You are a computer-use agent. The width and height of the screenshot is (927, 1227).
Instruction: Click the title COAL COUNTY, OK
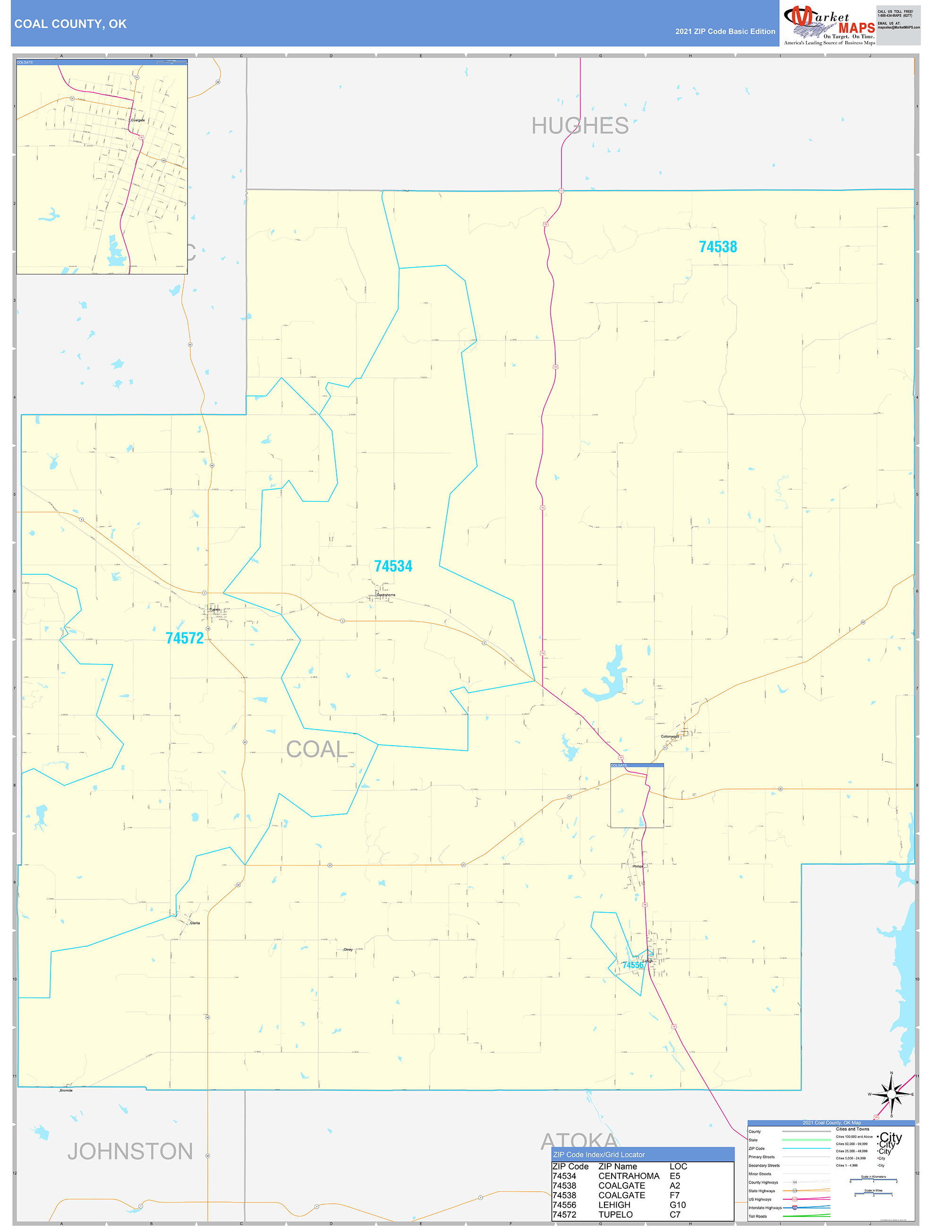pyautogui.click(x=70, y=24)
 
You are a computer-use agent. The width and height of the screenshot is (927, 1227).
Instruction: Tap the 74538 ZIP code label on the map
pyautogui.click(x=717, y=247)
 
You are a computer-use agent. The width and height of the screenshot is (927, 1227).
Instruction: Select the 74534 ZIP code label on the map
pyautogui.click(x=393, y=566)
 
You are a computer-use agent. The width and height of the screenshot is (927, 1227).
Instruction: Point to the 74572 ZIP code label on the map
pyautogui.click(x=184, y=638)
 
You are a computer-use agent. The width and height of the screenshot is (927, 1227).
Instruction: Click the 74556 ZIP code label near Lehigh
pyautogui.click(x=632, y=965)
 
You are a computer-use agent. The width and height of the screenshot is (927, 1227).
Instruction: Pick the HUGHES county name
pyautogui.click(x=580, y=126)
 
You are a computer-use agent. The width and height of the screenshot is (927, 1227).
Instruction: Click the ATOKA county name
pyautogui.click(x=579, y=1141)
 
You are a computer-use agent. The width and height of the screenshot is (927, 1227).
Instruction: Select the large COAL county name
pyautogui.click(x=317, y=749)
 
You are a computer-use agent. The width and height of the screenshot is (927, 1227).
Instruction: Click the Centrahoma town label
pyautogui.click(x=386, y=595)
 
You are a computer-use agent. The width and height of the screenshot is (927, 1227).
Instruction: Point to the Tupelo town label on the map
pyautogui.click(x=215, y=610)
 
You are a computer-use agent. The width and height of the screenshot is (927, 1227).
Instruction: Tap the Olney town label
pyautogui.click(x=348, y=950)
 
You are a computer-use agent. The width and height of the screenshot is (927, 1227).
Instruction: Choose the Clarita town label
pyautogui.click(x=195, y=923)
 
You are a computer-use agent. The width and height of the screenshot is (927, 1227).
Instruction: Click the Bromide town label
pyautogui.click(x=66, y=1091)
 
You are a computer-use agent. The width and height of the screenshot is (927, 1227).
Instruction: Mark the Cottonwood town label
pyautogui.click(x=670, y=737)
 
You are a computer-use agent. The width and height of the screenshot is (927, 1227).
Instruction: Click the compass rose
pyautogui.click(x=891, y=1094)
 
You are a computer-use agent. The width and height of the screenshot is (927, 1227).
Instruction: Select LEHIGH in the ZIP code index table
pyautogui.click(x=614, y=1205)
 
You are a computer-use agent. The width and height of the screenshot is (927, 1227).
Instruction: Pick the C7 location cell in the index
pyautogui.click(x=674, y=1214)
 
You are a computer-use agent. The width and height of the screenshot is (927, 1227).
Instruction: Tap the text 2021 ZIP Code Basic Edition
pyautogui.click(x=725, y=32)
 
